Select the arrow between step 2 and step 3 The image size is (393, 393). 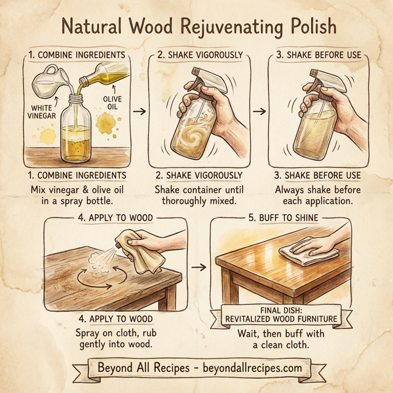click(259, 111)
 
